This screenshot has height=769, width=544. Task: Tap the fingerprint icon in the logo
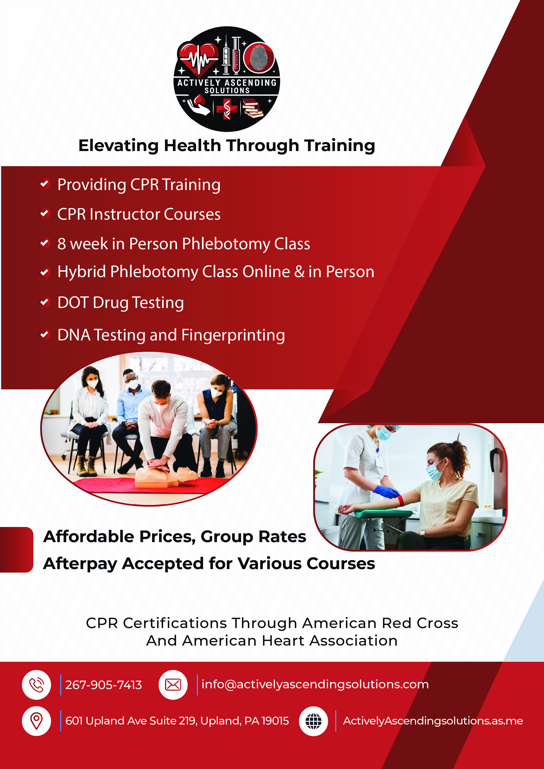259,58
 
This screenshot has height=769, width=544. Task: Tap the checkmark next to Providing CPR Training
45,184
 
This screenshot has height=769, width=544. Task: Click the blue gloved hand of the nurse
386,491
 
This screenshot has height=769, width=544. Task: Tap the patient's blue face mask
435,471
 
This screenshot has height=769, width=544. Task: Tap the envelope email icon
173,685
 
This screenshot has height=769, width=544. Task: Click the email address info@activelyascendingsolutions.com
315,684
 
